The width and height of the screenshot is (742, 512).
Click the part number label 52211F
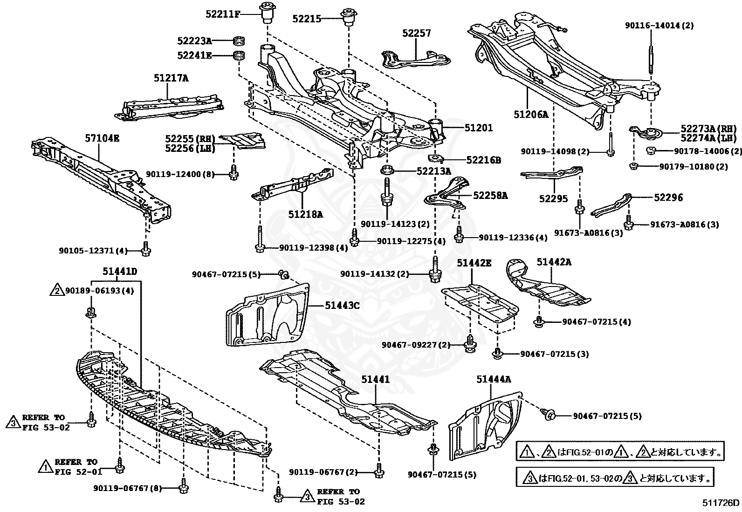pos(222,14)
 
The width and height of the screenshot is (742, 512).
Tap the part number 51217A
pos(171,78)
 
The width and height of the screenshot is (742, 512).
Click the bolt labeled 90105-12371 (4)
pos(146,250)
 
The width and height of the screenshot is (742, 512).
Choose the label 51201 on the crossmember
pos(478,128)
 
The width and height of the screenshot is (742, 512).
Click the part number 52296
pos(668,198)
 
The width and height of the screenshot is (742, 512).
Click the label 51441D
pos(120,272)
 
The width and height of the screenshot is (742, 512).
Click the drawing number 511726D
pos(721,503)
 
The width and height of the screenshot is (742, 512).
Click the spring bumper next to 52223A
pos(239,41)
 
